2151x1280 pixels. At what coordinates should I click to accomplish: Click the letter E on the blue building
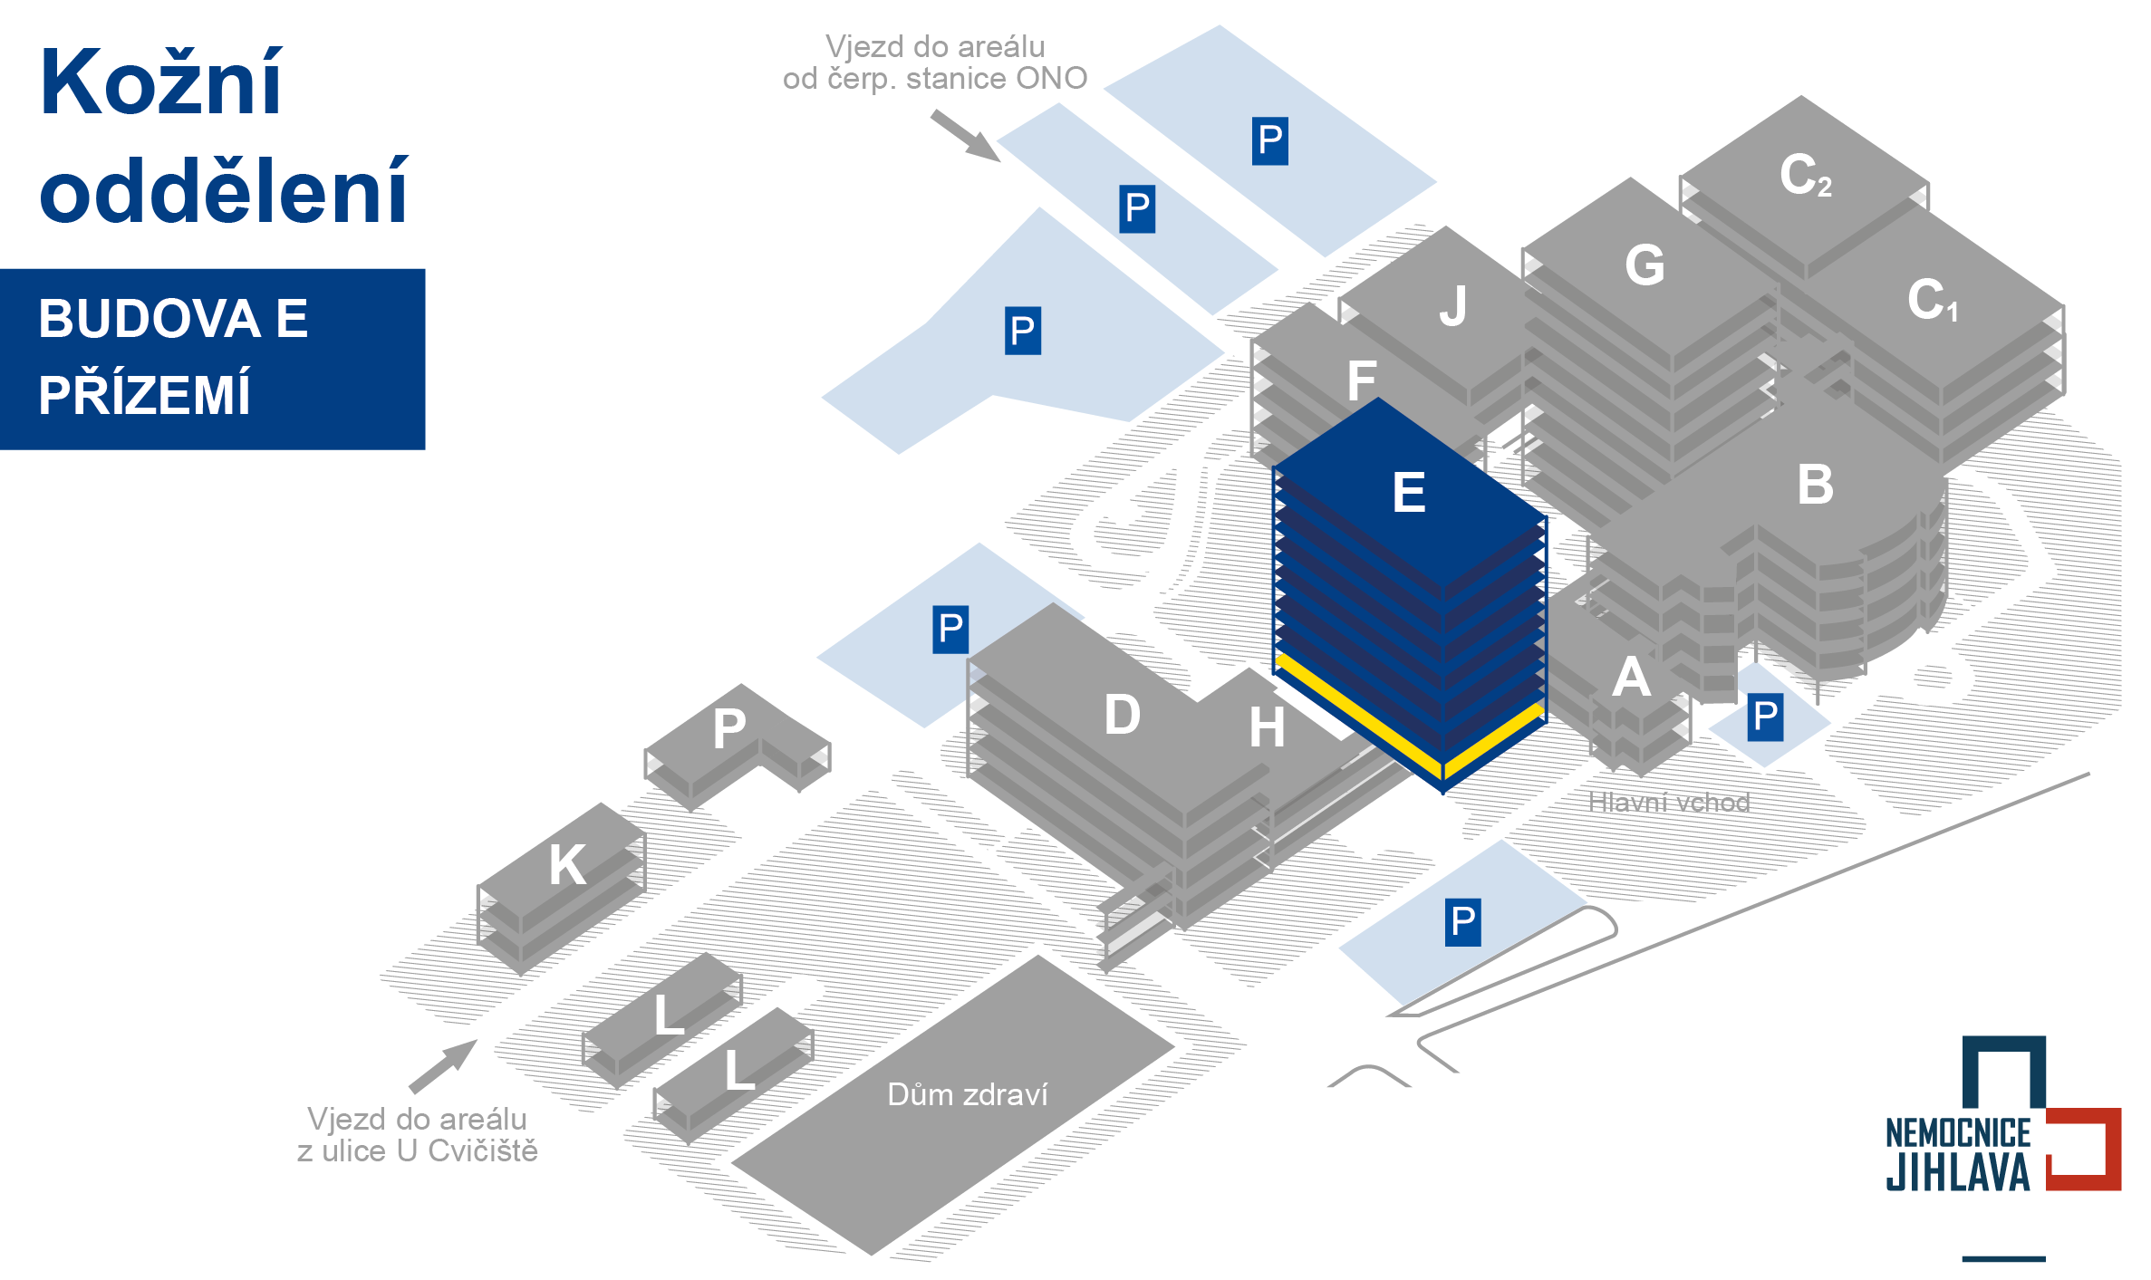[x=1408, y=493]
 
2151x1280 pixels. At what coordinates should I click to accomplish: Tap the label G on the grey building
[x=1645, y=265]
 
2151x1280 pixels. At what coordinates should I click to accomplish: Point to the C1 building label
[x=1932, y=300]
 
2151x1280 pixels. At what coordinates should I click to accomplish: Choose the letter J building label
[x=1453, y=306]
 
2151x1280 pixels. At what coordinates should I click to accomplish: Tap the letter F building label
[x=1362, y=380]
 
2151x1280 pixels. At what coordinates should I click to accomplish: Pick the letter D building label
[x=1122, y=715]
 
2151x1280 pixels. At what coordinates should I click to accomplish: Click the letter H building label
[x=1267, y=727]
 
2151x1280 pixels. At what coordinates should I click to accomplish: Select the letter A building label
[x=1631, y=678]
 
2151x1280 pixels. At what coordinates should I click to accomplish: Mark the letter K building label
[x=567, y=864]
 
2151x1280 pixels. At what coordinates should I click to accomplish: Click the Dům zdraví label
[x=967, y=1094]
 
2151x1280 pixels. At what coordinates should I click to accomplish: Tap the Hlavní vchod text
[x=1668, y=803]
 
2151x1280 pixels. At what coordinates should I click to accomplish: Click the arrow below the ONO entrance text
[x=966, y=136]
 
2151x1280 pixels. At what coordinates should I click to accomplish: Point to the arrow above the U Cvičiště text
[x=443, y=1066]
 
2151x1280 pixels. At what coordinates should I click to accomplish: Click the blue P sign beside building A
[x=1765, y=717]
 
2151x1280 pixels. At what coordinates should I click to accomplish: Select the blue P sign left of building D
[x=950, y=630]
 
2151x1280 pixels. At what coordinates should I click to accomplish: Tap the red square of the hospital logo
[x=2084, y=1149]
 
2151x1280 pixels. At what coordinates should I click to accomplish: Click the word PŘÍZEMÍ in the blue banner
[x=144, y=395]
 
